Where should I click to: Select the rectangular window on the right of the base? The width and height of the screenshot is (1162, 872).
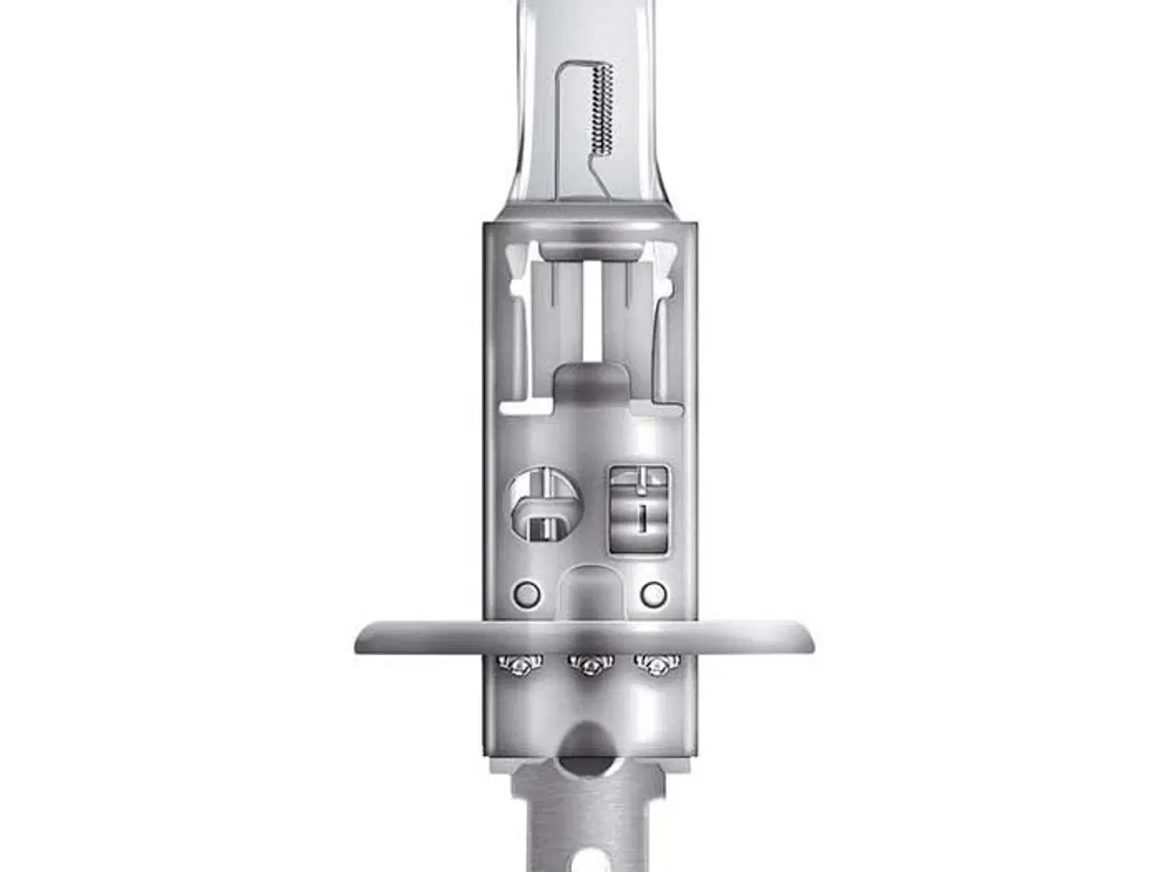click(x=641, y=509)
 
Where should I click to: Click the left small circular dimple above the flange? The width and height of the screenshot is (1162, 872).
click(x=526, y=594)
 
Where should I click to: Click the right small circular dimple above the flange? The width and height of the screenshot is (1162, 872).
click(x=653, y=594)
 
